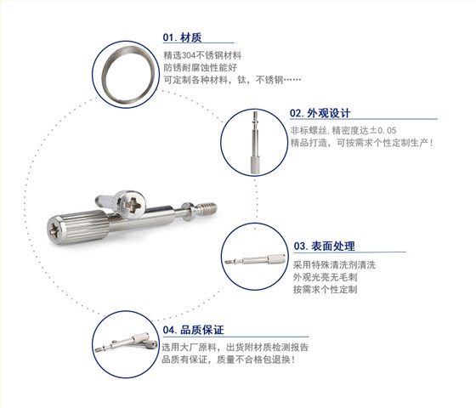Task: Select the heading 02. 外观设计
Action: point(320,113)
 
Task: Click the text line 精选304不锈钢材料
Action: point(201,54)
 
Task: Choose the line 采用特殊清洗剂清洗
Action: point(333,264)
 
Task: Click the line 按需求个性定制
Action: point(324,290)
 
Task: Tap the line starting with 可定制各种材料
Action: point(231,81)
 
